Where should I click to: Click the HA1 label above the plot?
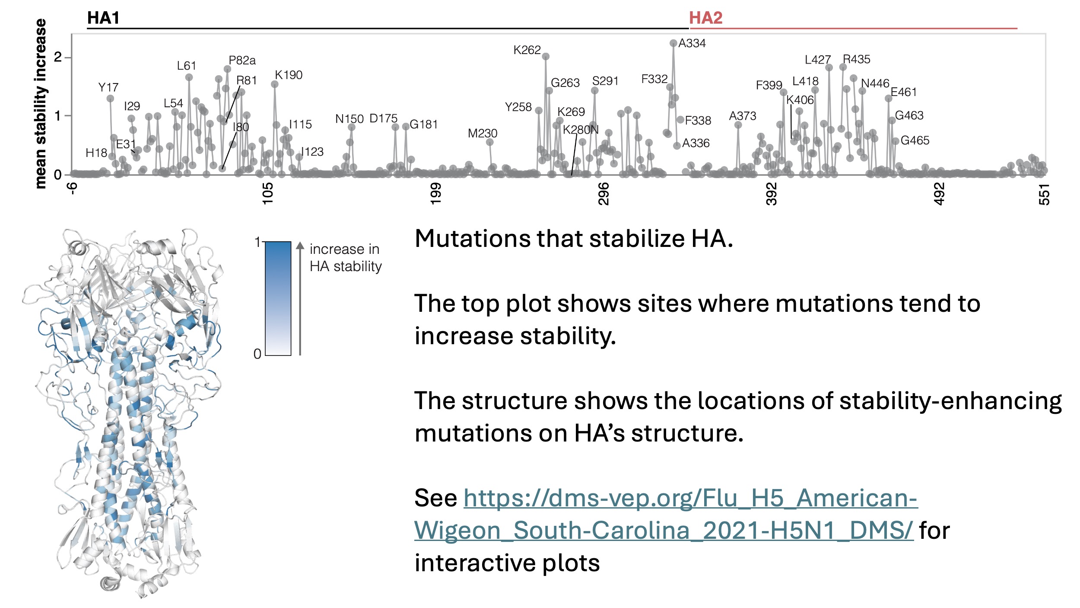point(103,18)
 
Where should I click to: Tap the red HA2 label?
point(705,18)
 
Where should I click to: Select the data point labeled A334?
point(673,43)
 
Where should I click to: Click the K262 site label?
point(527,50)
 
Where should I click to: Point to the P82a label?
point(242,60)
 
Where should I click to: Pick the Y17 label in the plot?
point(108,87)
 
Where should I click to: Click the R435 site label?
point(856,59)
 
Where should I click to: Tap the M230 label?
point(482,133)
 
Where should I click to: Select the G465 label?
point(915,141)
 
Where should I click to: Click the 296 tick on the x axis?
point(604,193)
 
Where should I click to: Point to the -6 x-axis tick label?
point(73,189)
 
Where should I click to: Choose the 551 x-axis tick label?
point(1044,194)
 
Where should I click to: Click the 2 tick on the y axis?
point(58,57)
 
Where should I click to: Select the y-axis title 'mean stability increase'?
point(41,104)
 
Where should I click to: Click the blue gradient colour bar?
point(278,298)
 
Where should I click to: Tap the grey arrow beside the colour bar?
point(300,298)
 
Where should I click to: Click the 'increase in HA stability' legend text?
point(345,258)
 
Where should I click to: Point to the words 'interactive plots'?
point(507,563)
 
